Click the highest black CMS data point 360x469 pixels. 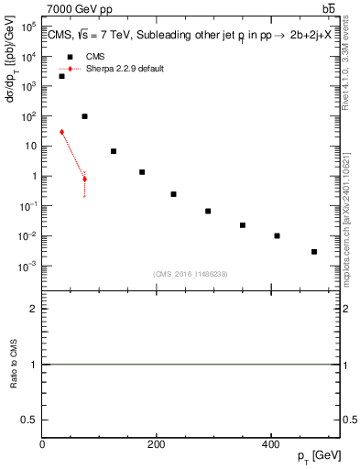point(61,76)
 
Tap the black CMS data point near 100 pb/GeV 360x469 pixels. point(84,116)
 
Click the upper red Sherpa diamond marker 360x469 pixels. point(61,132)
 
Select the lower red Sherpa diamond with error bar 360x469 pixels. point(84,179)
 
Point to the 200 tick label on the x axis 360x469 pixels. point(156,444)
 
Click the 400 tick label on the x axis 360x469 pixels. point(270,444)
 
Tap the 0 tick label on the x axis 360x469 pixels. point(42,444)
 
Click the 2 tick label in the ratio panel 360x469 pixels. point(33,310)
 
